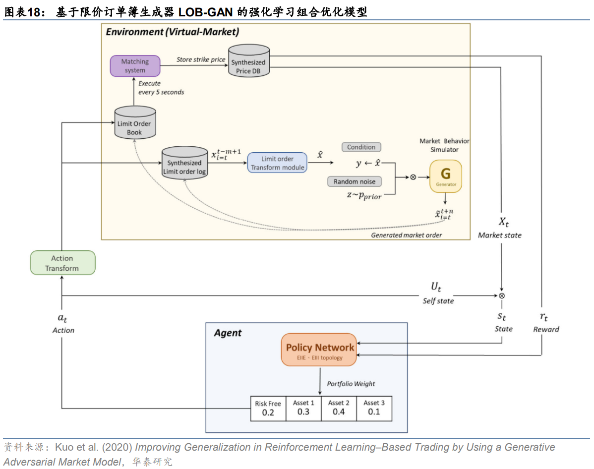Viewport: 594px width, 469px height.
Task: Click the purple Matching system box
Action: tap(135, 66)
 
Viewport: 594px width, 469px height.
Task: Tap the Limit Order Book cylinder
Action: tap(134, 124)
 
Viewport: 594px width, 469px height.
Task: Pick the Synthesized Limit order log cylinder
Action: tap(184, 164)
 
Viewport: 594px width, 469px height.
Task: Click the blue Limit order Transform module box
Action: tap(277, 163)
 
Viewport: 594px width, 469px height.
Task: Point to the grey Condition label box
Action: tap(361, 147)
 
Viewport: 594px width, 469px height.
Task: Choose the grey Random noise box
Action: tap(355, 181)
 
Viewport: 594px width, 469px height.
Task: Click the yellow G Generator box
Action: tap(446, 176)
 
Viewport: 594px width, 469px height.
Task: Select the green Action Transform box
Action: tap(62, 263)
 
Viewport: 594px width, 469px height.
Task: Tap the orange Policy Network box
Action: tap(320, 350)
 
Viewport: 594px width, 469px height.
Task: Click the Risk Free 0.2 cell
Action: tap(268, 409)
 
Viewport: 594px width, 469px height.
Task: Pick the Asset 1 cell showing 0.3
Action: tap(303, 409)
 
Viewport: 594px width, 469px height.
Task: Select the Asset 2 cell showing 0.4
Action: tap(339, 409)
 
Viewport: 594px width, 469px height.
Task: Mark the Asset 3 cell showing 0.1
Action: tap(374, 409)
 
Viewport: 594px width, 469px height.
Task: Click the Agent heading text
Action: tap(228, 333)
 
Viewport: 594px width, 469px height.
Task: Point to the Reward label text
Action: tap(546, 330)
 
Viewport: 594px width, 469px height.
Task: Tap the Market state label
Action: tap(499, 235)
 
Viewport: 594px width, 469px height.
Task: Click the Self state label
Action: tap(438, 301)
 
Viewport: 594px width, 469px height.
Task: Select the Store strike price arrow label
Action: tap(201, 60)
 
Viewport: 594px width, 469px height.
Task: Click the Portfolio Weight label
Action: tap(351, 384)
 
